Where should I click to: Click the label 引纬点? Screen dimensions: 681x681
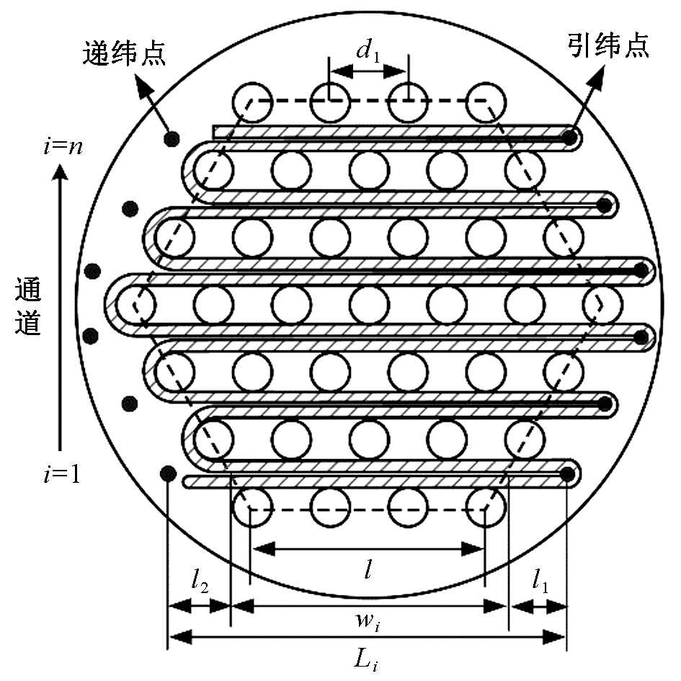608,46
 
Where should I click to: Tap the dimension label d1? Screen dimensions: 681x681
368,52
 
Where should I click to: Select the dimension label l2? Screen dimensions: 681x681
200,582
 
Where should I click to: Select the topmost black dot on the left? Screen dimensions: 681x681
172,138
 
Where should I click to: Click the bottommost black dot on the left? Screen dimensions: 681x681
167,473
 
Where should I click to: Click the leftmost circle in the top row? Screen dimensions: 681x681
252,102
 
